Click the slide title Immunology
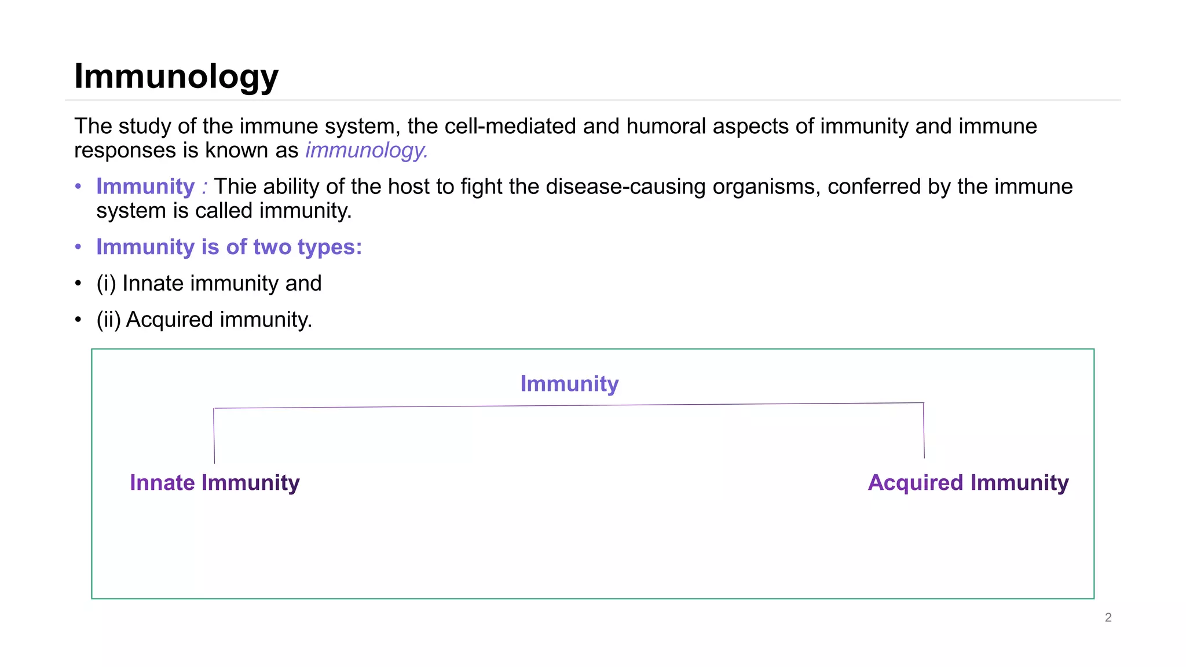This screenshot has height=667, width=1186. coord(176,76)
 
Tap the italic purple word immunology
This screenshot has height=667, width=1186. coord(366,151)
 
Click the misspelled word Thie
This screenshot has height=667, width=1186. coord(235,187)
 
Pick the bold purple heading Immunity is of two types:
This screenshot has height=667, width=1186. coord(229,247)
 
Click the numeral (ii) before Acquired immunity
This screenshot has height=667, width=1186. coord(108,320)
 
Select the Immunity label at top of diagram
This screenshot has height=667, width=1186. coord(569,384)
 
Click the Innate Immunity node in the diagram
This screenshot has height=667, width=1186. coord(214,483)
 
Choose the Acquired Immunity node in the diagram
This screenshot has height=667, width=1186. coord(968,483)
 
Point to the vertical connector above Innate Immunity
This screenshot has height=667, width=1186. coord(214,435)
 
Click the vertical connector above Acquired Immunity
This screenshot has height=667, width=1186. coord(924,430)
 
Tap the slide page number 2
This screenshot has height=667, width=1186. coord(1108,618)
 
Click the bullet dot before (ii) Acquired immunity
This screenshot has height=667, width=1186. coord(78,320)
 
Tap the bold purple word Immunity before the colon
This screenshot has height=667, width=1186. coord(145,187)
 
